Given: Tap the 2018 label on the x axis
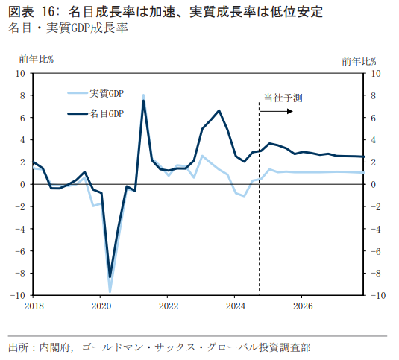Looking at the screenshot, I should (x=34, y=306).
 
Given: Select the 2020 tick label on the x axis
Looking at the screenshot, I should (x=101, y=306).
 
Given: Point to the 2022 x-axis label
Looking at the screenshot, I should (x=169, y=306).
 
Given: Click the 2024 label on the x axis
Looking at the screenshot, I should (x=236, y=306).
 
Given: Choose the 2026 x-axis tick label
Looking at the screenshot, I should (x=303, y=306).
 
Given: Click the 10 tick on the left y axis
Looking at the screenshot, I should (x=20, y=73).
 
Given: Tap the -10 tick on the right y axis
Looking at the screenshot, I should (x=378, y=296).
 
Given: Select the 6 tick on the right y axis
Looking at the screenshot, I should (x=374, y=118).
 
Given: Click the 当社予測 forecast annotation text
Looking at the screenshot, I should (x=283, y=98).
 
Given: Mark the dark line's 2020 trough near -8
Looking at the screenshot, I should (x=110, y=277).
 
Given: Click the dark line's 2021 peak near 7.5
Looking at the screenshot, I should (x=143, y=101).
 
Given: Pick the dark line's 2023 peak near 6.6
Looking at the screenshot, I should (x=219, y=110).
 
